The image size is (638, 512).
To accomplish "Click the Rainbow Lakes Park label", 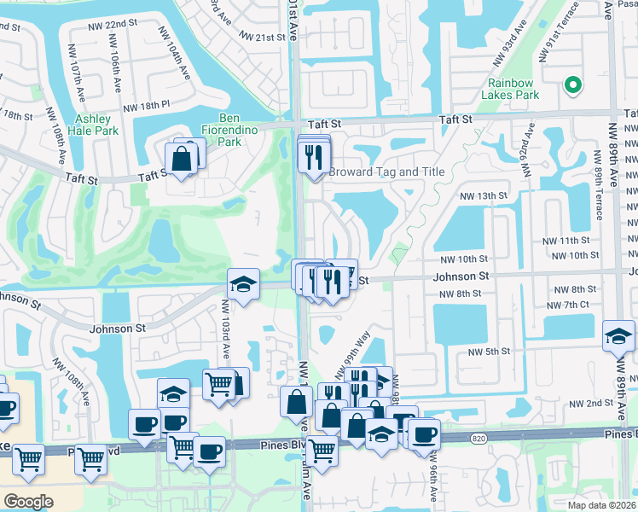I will tap(513, 89).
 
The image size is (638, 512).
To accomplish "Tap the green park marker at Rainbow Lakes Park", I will tap(572, 85).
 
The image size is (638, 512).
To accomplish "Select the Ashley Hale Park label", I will tap(97, 125).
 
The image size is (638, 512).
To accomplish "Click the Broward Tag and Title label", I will tap(387, 172).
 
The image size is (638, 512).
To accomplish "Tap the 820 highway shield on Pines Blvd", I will tap(478, 438).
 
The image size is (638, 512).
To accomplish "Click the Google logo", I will tap(29, 502).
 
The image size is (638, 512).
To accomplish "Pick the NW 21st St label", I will tap(262, 38).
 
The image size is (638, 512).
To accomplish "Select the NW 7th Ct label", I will tap(571, 305).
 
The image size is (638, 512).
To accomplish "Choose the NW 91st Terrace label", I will tap(554, 30).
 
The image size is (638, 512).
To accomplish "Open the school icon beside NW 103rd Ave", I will tap(243, 285).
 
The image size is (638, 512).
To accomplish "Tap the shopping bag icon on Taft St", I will tap(182, 158).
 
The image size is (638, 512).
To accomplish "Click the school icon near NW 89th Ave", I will tap(618, 336).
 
